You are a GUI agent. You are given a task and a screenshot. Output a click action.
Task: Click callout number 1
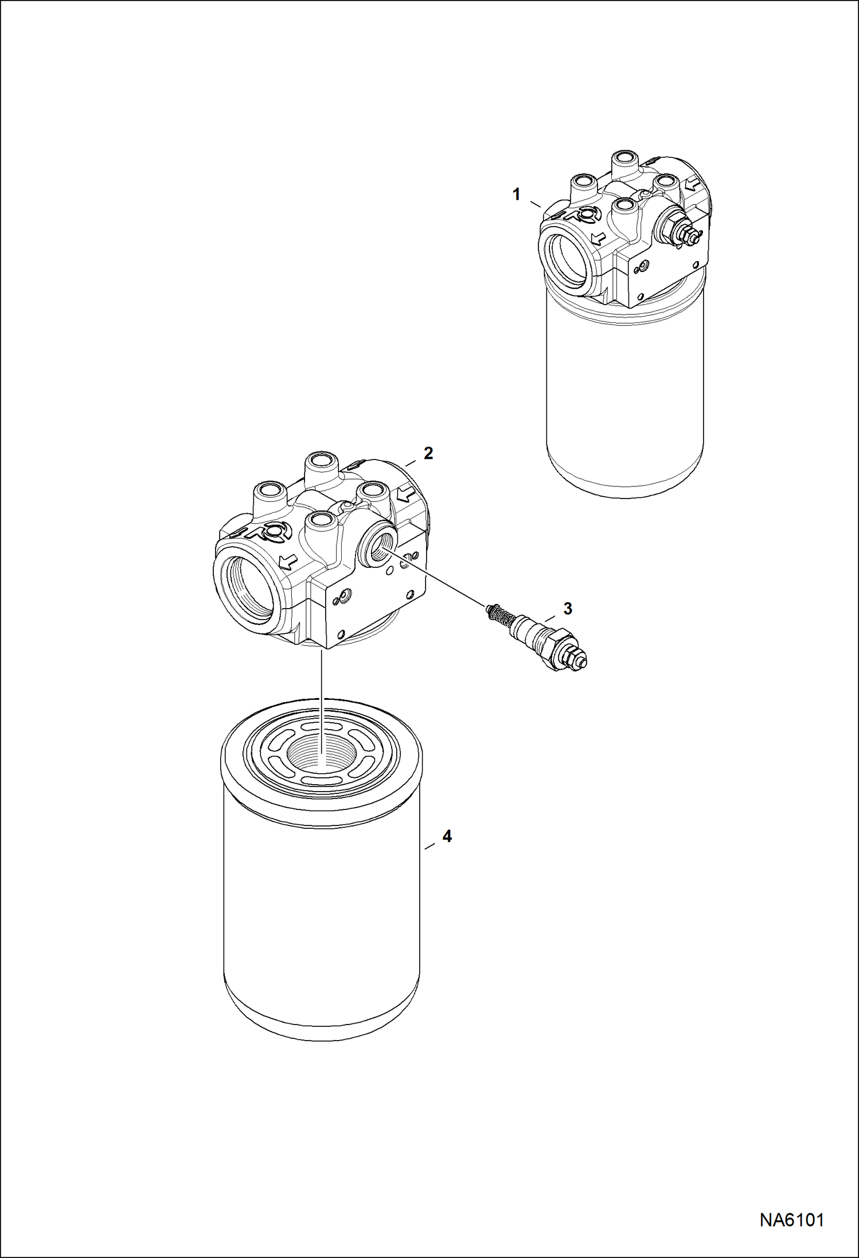pos(516,195)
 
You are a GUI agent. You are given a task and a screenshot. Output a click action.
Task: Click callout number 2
pos(428,453)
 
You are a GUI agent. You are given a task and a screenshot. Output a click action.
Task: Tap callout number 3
pos(567,609)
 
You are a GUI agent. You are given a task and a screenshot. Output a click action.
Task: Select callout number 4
pos(447,836)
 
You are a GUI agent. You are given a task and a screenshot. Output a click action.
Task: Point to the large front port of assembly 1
pos(567,257)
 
